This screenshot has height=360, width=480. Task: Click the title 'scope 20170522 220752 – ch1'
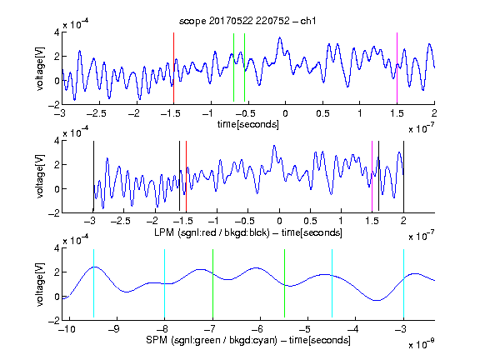(x=247, y=21)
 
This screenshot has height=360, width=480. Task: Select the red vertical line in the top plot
(x=173, y=68)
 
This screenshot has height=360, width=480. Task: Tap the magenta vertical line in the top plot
(x=397, y=68)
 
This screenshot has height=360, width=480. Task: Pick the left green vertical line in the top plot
(x=233, y=67)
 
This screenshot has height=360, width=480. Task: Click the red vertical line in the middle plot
(x=186, y=176)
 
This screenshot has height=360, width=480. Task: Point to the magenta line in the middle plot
(x=372, y=176)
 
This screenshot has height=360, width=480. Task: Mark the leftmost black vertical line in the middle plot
(x=93, y=176)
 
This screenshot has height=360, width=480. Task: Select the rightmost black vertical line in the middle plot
(x=403, y=177)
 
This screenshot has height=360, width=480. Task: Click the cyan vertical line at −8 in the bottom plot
(x=164, y=283)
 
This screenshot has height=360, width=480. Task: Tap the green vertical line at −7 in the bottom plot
(x=212, y=283)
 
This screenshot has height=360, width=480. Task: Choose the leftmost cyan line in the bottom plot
(x=93, y=283)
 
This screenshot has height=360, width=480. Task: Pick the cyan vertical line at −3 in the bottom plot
(x=403, y=283)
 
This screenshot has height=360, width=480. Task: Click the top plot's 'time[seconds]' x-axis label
(x=248, y=124)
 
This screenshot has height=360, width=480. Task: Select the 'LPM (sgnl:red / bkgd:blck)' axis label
(x=212, y=232)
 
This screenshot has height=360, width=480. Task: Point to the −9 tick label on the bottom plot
(x=114, y=329)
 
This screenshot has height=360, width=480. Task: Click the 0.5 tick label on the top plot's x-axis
(x=322, y=113)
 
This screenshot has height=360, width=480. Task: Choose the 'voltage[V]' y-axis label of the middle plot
(x=40, y=177)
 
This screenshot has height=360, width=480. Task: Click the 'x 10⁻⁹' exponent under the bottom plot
(x=421, y=344)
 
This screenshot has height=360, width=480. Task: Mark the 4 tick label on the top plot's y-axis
(x=57, y=32)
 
